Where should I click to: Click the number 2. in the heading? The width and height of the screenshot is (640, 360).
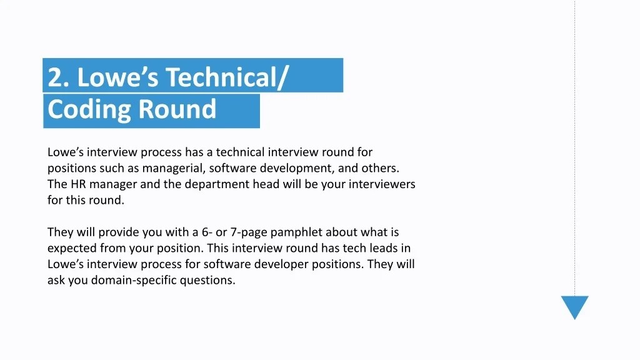point(59,77)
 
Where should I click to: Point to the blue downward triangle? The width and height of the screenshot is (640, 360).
point(574,306)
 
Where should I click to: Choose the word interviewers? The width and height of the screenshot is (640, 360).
point(382,184)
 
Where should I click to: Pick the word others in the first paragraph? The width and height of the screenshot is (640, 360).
point(380,168)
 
